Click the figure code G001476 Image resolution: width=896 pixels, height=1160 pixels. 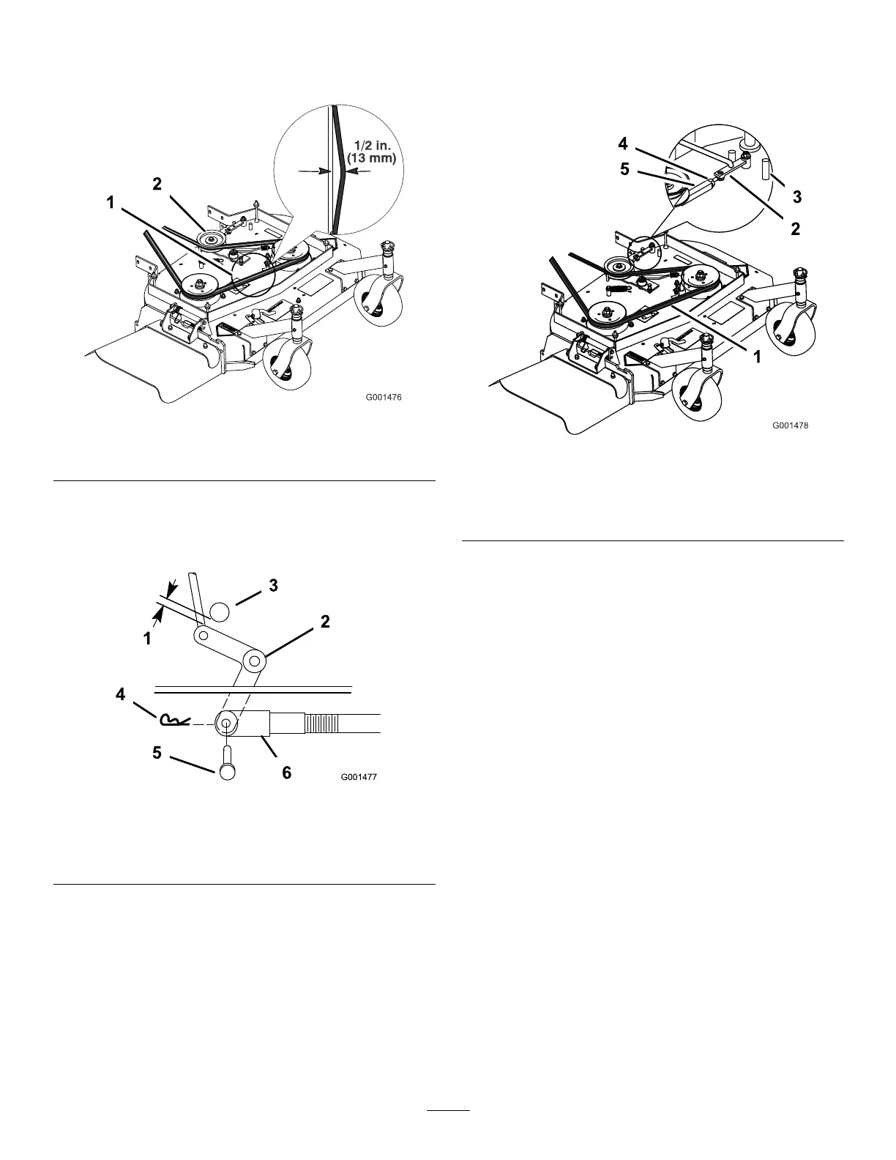(384, 398)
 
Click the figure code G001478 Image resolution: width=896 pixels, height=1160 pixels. (790, 424)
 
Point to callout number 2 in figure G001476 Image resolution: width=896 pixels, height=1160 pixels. (157, 185)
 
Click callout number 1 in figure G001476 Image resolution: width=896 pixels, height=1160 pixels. (111, 203)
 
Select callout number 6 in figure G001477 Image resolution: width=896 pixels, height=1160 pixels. (286, 773)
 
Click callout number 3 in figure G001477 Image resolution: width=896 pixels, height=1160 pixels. (272, 586)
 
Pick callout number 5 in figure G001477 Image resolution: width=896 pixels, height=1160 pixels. (157, 754)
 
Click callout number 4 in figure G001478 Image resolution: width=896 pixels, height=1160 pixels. (623, 144)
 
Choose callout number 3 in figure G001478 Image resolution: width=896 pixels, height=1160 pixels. (796, 196)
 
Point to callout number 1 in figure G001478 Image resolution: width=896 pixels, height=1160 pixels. (757, 357)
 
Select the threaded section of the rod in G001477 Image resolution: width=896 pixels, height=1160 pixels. (322, 724)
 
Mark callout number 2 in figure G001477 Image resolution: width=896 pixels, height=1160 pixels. (325, 622)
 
